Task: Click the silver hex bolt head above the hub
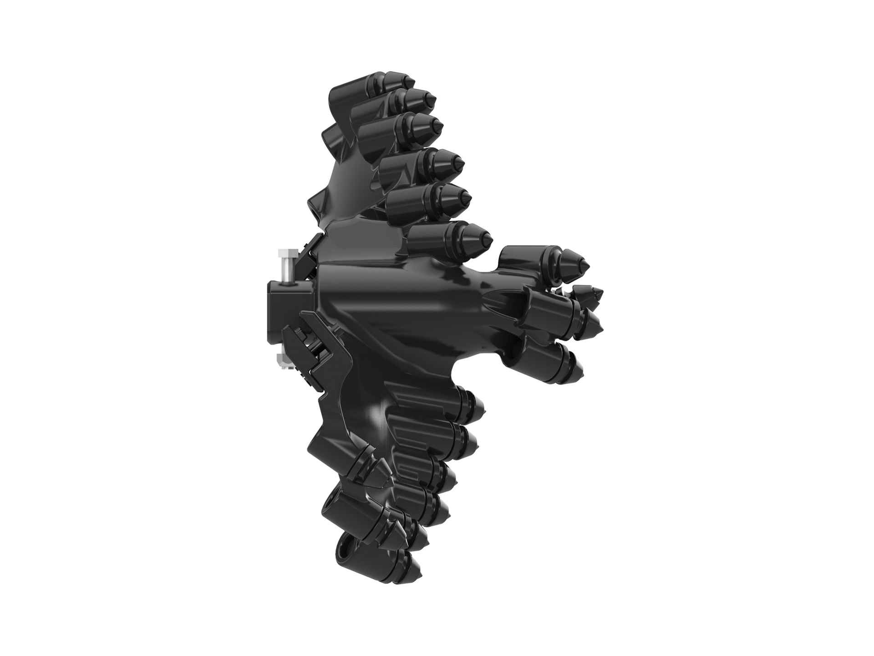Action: [x=286, y=254]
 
